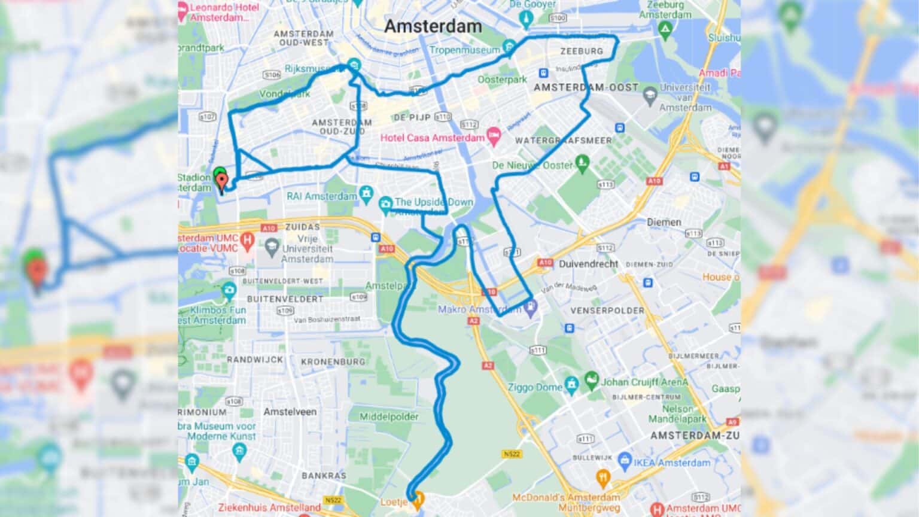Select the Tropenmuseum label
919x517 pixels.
(x=464, y=50)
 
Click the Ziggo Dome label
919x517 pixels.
(x=535, y=387)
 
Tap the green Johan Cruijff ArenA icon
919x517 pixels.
(x=591, y=379)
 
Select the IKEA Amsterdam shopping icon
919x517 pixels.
(x=625, y=461)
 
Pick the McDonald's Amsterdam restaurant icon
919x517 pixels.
(x=602, y=477)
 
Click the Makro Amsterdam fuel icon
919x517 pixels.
(x=531, y=307)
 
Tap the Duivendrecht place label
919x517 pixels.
(x=588, y=264)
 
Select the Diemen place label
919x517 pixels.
(x=664, y=222)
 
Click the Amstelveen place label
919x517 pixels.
(x=290, y=412)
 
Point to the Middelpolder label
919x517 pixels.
(x=389, y=416)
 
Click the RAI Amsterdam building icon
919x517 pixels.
(x=366, y=194)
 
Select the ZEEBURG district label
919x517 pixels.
(x=582, y=51)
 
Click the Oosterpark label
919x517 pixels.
(x=503, y=79)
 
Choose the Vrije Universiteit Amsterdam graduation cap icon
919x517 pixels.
(x=272, y=245)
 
